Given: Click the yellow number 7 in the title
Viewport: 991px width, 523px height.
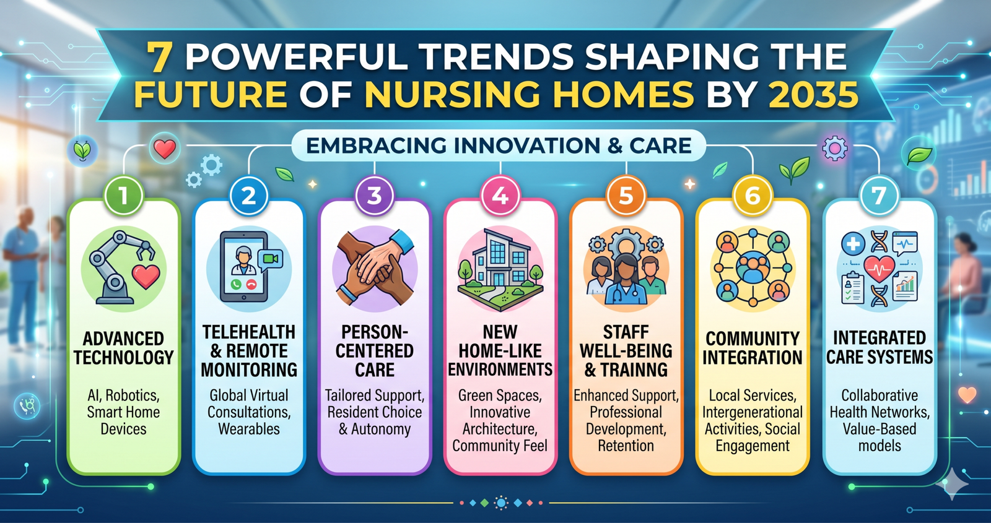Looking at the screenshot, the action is pyautogui.click(x=159, y=58).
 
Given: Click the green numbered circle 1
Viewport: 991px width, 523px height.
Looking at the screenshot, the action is pyautogui.click(x=123, y=196).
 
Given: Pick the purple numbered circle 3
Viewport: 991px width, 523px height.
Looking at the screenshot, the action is pyautogui.click(x=375, y=196).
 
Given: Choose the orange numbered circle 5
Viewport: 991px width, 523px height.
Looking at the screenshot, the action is pyautogui.click(x=626, y=196).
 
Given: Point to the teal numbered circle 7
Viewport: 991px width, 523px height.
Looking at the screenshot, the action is pyautogui.click(x=879, y=196).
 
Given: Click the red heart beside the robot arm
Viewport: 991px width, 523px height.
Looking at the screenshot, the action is pyautogui.click(x=146, y=276).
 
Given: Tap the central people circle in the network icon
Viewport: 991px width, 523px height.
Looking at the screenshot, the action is pyautogui.click(x=753, y=267).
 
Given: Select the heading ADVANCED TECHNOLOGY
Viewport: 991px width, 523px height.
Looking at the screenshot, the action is pyautogui.click(x=123, y=348).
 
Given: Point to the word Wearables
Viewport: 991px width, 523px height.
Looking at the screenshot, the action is pyautogui.click(x=249, y=429).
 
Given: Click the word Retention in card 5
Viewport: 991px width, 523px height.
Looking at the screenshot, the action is pyautogui.click(x=626, y=446).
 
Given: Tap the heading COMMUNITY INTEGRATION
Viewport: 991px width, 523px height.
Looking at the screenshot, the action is pyautogui.click(x=753, y=348).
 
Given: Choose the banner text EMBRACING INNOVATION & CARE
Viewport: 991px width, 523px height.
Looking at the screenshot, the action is pyautogui.click(x=499, y=145).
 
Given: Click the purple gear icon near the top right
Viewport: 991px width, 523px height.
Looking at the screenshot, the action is pyautogui.click(x=835, y=148).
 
